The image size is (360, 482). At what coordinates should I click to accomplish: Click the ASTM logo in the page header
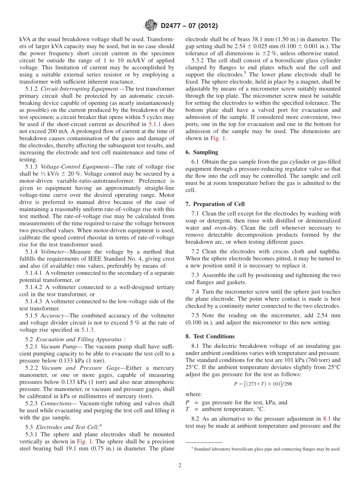tap(150, 26)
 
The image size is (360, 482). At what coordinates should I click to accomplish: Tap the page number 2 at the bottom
tap(180, 465)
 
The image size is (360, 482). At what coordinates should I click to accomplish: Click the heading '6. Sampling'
tap(202, 152)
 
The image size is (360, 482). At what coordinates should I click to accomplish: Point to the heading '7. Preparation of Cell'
tap(215, 204)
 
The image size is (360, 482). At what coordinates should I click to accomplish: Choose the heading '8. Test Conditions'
tap(210, 336)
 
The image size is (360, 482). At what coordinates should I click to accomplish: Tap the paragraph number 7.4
tap(196, 292)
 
